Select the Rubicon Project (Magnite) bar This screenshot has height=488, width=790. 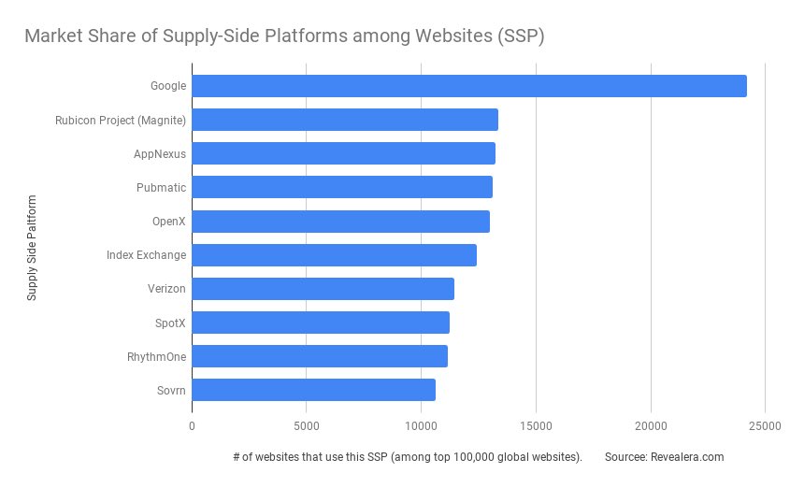(x=345, y=120)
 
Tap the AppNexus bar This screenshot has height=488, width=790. (x=343, y=153)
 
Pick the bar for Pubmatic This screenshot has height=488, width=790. (x=342, y=187)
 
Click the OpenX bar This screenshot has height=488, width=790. (x=340, y=222)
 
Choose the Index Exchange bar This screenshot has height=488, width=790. (x=334, y=255)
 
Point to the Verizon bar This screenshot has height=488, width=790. (x=323, y=289)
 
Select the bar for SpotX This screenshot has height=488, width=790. (x=321, y=323)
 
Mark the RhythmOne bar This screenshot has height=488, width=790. (x=320, y=356)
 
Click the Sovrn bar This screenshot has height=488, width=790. (x=313, y=390)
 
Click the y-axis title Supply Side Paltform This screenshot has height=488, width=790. (x=32, y=248)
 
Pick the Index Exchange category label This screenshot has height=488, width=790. (x=146, y=255)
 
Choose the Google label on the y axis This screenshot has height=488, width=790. (x=168, y=86)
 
